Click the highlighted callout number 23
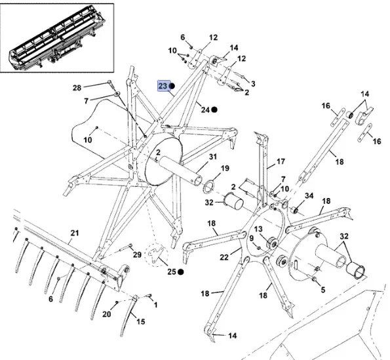(x=163, y=86)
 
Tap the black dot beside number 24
(x=214, y=110)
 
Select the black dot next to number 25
(x=181, y=272)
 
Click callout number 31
(x=213, y=157)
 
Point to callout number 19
(x=225, y=168)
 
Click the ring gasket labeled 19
(x=208, y=187)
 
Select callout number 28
(x=77, y=88)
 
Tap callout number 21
(x=75, y=233)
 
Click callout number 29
(x=137, y=254)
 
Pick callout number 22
(x=224, y=257)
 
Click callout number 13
(x=258, y=229)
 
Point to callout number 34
(x=309, y=196)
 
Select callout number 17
(x=281, y=161)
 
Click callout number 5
(x=323, y=290)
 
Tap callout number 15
(x=140, y=321)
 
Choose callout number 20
(x=106, y=314)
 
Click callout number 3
(x=253, y=83)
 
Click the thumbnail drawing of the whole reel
(x=57, y=37)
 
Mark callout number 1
(x=156, y=305)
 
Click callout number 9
(x=252, y=238)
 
